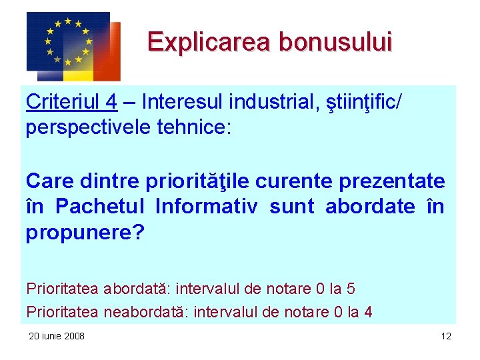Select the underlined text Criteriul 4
71,102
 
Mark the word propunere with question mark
85,233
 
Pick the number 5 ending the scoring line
351,289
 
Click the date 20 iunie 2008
57,336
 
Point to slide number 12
446,336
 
